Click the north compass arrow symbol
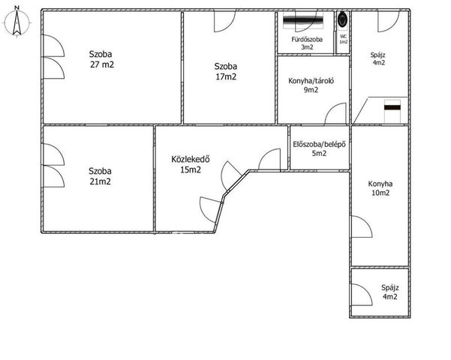[x=17, y=22]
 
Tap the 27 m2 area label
[x=102, y=64]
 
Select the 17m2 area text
[x=226, y=76]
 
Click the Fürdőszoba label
[x=307, y=40]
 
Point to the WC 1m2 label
[x=344, y=39]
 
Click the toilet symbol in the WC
[x=342, y=19]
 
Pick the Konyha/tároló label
[x=311, y=81]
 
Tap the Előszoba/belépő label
[x=319, y=144]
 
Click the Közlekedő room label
[x=191, y=159]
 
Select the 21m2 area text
[x=100, y=181]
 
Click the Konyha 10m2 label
[x=380, y=188]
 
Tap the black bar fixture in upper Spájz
[x=392, y=107]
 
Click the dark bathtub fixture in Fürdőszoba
[x=303, y=20]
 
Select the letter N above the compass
[x=17, y=7]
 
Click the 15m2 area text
[x=191, y=169]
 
